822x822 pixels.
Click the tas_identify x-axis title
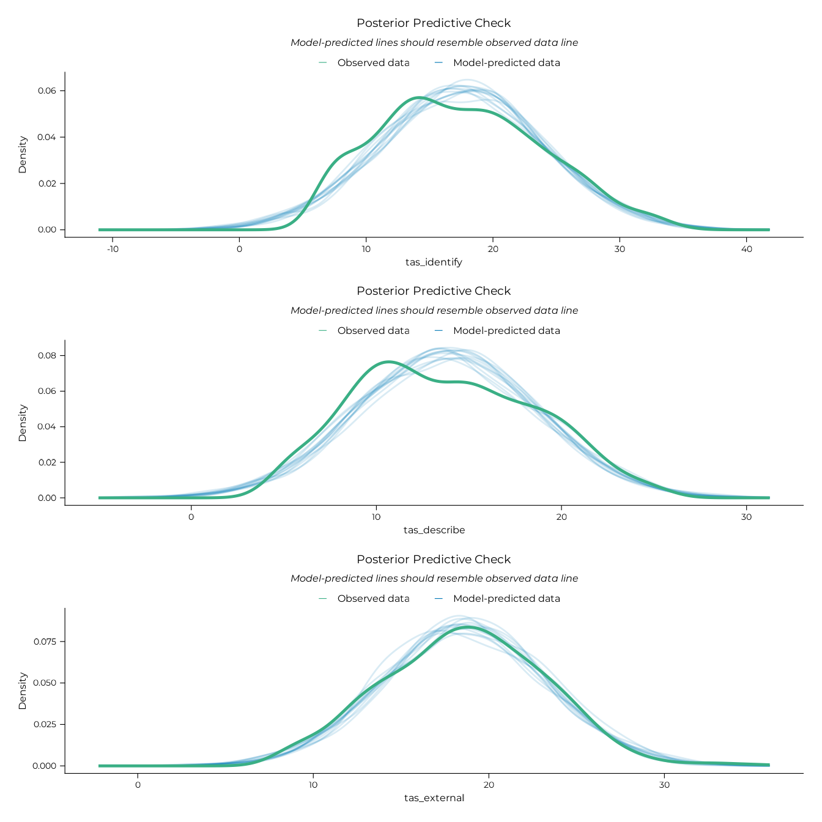point(434,262)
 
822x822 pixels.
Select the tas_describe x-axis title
point(434,530)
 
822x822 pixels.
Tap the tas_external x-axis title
point(434,798)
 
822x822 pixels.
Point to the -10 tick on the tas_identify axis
point(113,249)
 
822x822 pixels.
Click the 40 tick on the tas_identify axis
point(746,249)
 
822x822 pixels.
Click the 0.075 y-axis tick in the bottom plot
point(45,642)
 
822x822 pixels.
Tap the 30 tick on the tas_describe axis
point(746,517)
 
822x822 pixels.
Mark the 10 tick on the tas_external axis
point(313,785)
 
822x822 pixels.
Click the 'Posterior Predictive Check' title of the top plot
point(434,23)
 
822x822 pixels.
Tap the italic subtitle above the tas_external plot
point(434,579)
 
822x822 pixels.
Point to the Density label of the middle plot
point(23,423)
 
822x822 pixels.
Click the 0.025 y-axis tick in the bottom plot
point(45,724)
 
